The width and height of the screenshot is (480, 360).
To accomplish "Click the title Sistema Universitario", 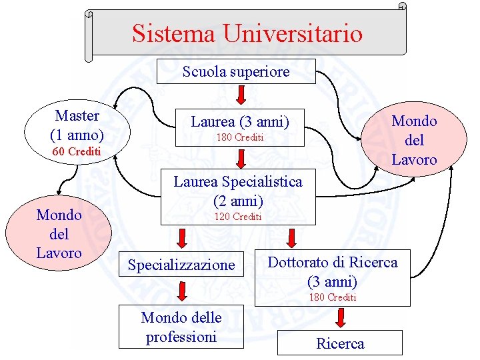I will click(247, 33).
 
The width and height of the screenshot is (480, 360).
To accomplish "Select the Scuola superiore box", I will click(236, 71).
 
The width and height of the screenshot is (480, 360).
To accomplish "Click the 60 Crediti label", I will click(76, 152).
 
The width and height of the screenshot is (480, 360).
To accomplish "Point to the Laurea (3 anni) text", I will click(240, 122).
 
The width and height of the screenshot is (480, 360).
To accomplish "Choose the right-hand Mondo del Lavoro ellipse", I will click(414, 139).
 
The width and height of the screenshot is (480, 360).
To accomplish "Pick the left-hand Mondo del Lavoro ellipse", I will click(59, 234).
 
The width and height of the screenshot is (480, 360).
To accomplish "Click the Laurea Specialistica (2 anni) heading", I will click(237, 190).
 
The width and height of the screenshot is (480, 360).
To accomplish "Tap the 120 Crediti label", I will click(238, 217).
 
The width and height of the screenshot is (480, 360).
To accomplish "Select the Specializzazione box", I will click(181, 265).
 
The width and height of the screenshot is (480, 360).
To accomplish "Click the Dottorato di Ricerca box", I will click(332, 271).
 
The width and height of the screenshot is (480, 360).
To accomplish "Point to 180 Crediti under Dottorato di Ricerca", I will click(332, 297).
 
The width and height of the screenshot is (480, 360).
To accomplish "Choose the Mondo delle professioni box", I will click(181, 327).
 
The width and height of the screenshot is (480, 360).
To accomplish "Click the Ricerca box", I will click(340, 343).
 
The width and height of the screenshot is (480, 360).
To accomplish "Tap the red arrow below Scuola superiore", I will click(241, 95).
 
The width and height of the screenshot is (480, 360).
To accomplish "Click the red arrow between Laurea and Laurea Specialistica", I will click(241, 159).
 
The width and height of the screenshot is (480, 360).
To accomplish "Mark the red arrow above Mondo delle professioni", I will click(182, 292).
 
